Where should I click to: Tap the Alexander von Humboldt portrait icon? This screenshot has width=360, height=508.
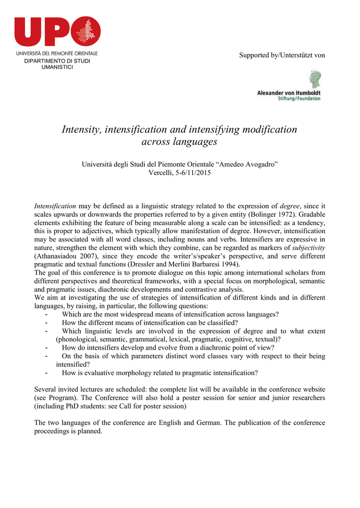pos(314,79)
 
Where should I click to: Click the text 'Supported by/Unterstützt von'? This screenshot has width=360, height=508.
pos(282,55)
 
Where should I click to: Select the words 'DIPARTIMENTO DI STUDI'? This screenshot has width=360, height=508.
pos(58,61)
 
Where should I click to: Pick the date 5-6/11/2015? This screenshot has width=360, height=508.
pos(190,173)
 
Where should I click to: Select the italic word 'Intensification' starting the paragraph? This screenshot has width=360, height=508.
pos(55,206)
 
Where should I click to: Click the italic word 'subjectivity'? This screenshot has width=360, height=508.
pos(309,248)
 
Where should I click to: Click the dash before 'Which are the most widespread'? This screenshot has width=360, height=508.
pos(46,315)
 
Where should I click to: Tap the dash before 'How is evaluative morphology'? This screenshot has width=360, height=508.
pos(46,373)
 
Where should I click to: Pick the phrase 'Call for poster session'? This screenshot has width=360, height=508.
pos(151,406)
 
